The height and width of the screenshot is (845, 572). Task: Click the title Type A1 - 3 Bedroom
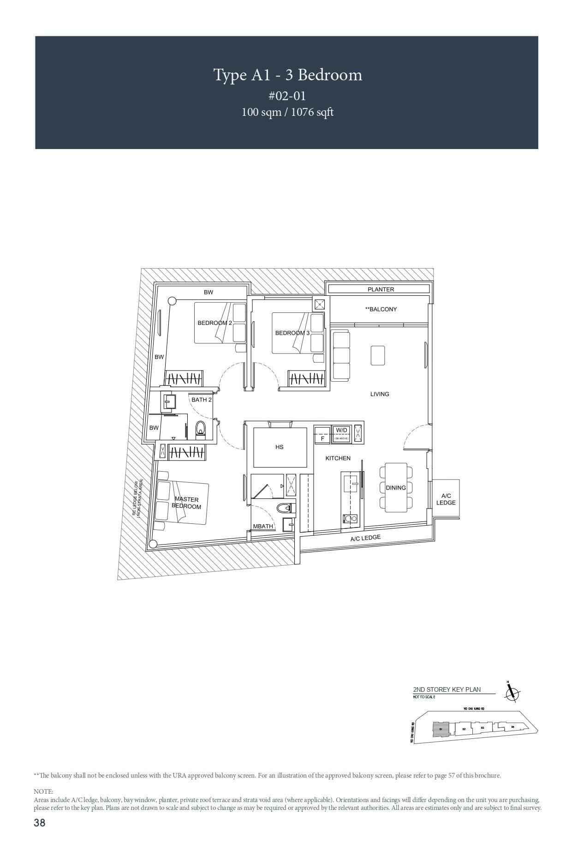pyautogui.click(x=287, y=75)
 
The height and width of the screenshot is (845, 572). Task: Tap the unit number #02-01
pyautogui.click(x=287, y=96)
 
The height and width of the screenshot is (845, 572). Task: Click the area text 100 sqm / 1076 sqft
pyautogui.click(x=287, y=112)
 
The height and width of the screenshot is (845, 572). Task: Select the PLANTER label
pyautogui.click(x=381, y=289)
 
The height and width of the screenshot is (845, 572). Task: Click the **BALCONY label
pyautogui.click(x=381, y=309)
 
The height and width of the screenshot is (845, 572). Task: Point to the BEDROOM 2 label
pyautogui.click(x=214, y=323)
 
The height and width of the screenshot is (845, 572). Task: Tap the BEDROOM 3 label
pyautogui.click(x=292, y=333)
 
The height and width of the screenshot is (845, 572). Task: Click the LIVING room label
pyautogui.click(x=380, y=394)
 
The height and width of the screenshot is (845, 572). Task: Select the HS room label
pyautogui.click(x=279, y=447)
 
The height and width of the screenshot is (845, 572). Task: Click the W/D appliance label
pyautogui.click(x=341, y=430)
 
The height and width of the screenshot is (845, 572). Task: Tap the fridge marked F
pyautogui.click(x=322, y=439)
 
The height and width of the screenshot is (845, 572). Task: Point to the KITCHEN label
pyautogui.click(x=338, y=458)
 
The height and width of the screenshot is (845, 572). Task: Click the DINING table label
pyautogui.click(x=396, y=488)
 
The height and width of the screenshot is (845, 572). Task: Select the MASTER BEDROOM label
pyautogui.click(x=186, y=503)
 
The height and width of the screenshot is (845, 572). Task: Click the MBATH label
pyautogui.click(x=263, y=526)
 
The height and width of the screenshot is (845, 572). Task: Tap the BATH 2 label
pyautogui.click(x=202, y=400)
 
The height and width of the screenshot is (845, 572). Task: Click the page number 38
pyautogui.click(x=40, y=822)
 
